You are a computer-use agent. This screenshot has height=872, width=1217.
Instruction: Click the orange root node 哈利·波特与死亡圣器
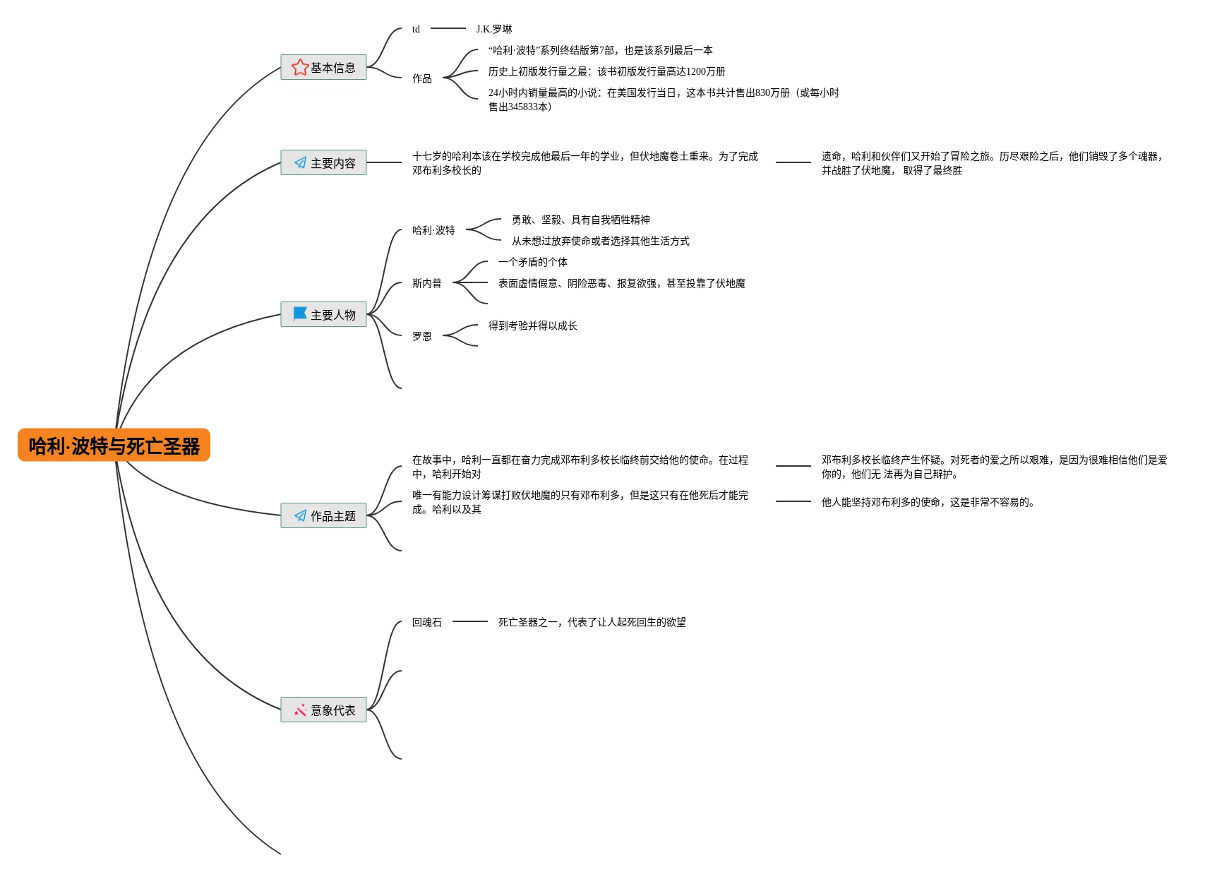(114, 446)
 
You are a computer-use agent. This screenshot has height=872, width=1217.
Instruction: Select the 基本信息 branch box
(323, 67)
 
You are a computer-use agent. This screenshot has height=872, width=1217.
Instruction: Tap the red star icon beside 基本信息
(299, 67)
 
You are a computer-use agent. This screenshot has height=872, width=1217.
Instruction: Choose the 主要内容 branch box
(323, 162)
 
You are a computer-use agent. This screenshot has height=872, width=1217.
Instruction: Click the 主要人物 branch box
(323, 314)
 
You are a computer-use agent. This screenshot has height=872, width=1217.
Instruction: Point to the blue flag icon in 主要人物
(300, 313)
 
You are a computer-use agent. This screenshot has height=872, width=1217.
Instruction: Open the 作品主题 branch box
(323, 515)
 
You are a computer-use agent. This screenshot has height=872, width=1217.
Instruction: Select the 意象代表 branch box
(323, 710)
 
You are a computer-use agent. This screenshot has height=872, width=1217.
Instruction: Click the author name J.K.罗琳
(494, 29)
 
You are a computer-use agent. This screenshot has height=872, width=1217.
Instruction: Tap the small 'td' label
(416, 29)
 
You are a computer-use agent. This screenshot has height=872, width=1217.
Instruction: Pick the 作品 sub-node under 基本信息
(422, 78)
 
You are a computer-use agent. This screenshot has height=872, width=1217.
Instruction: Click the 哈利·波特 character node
(433, 230)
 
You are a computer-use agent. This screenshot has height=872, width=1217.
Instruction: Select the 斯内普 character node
(427, 283)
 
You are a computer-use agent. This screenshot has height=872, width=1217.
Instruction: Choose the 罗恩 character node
(422, 336)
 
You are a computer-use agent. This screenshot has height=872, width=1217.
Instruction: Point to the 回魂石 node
(427, 622)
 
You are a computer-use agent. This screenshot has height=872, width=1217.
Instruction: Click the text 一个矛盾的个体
(533, 262)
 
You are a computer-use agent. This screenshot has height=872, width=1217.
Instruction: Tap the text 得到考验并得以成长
(533, 325)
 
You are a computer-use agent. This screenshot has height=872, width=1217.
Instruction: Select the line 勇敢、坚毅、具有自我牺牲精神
(581, 220)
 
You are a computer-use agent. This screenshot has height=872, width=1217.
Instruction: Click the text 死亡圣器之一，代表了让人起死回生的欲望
(592, 622)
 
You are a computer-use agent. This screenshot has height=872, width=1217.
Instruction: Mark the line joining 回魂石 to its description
(470, 621)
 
